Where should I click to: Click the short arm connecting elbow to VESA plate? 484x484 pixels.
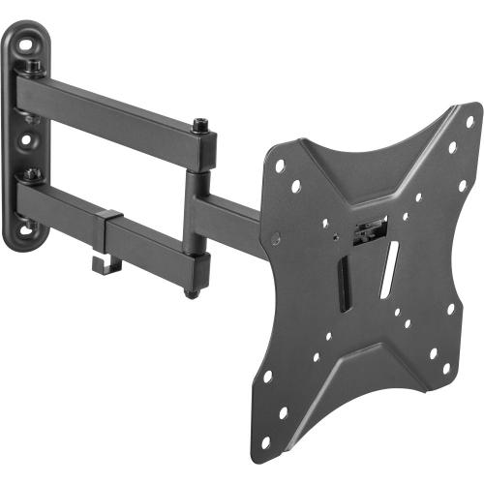click(232, 210)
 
